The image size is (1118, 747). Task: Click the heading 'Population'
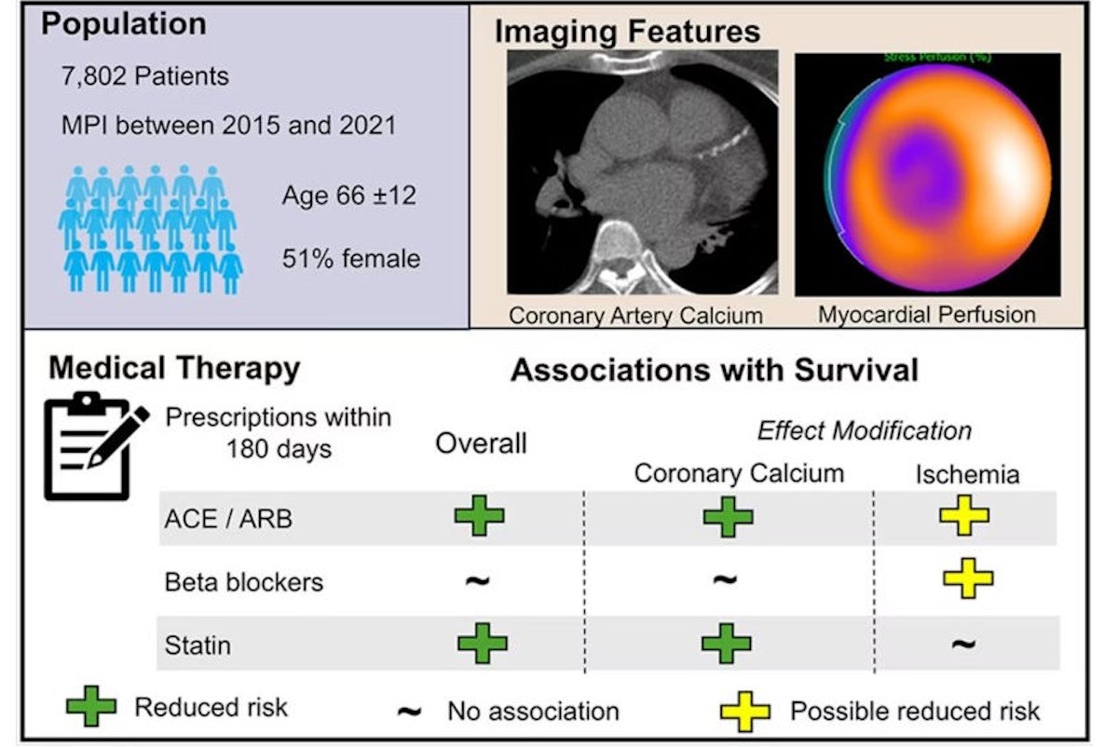124,25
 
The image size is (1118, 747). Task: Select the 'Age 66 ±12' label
349,197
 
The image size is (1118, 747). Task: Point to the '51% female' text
351,258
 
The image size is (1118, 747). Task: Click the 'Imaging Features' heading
627,32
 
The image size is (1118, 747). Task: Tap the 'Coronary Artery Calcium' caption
635,316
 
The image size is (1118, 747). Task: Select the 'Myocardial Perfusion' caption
927,315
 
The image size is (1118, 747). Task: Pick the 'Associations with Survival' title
715,371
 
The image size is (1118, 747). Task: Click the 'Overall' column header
481,443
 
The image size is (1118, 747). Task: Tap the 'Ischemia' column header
966,475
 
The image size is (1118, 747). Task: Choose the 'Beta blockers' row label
243,583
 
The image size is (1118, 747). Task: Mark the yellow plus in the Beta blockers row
968,578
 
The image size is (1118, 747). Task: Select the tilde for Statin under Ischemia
964,644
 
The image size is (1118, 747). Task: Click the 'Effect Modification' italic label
864,431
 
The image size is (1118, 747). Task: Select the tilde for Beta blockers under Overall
478,582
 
